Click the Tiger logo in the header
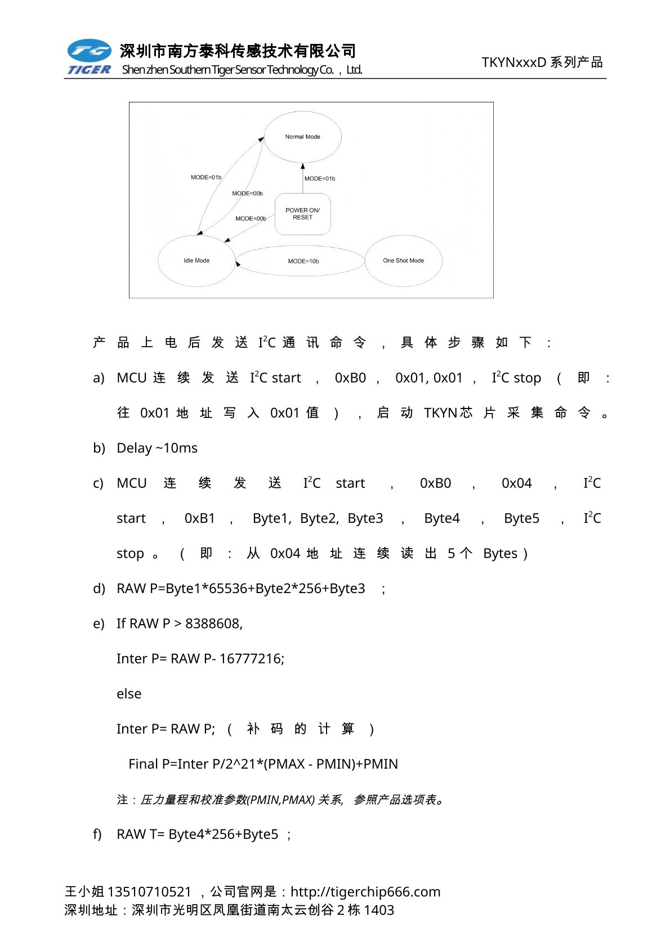tap(90, 57)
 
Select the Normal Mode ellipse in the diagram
tap(302, 137)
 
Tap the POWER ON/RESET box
tap(302, 214)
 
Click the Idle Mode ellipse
tap(196, 261)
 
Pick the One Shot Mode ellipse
tap(403, 261)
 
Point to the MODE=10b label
tap(303, 261)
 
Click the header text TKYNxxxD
tap(513, 62)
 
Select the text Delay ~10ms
tap(157, 448)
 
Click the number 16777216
tap(251, 659)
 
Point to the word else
tap(129, 694)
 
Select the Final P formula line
tap(263, 764)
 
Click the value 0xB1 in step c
tap(200, 518)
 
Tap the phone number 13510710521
tap(149, 892)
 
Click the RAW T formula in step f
tap(197, 834)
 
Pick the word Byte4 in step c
tap(442, 518)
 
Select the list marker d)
tap(99, 589)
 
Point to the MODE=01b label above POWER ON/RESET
tap(320, 179)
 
